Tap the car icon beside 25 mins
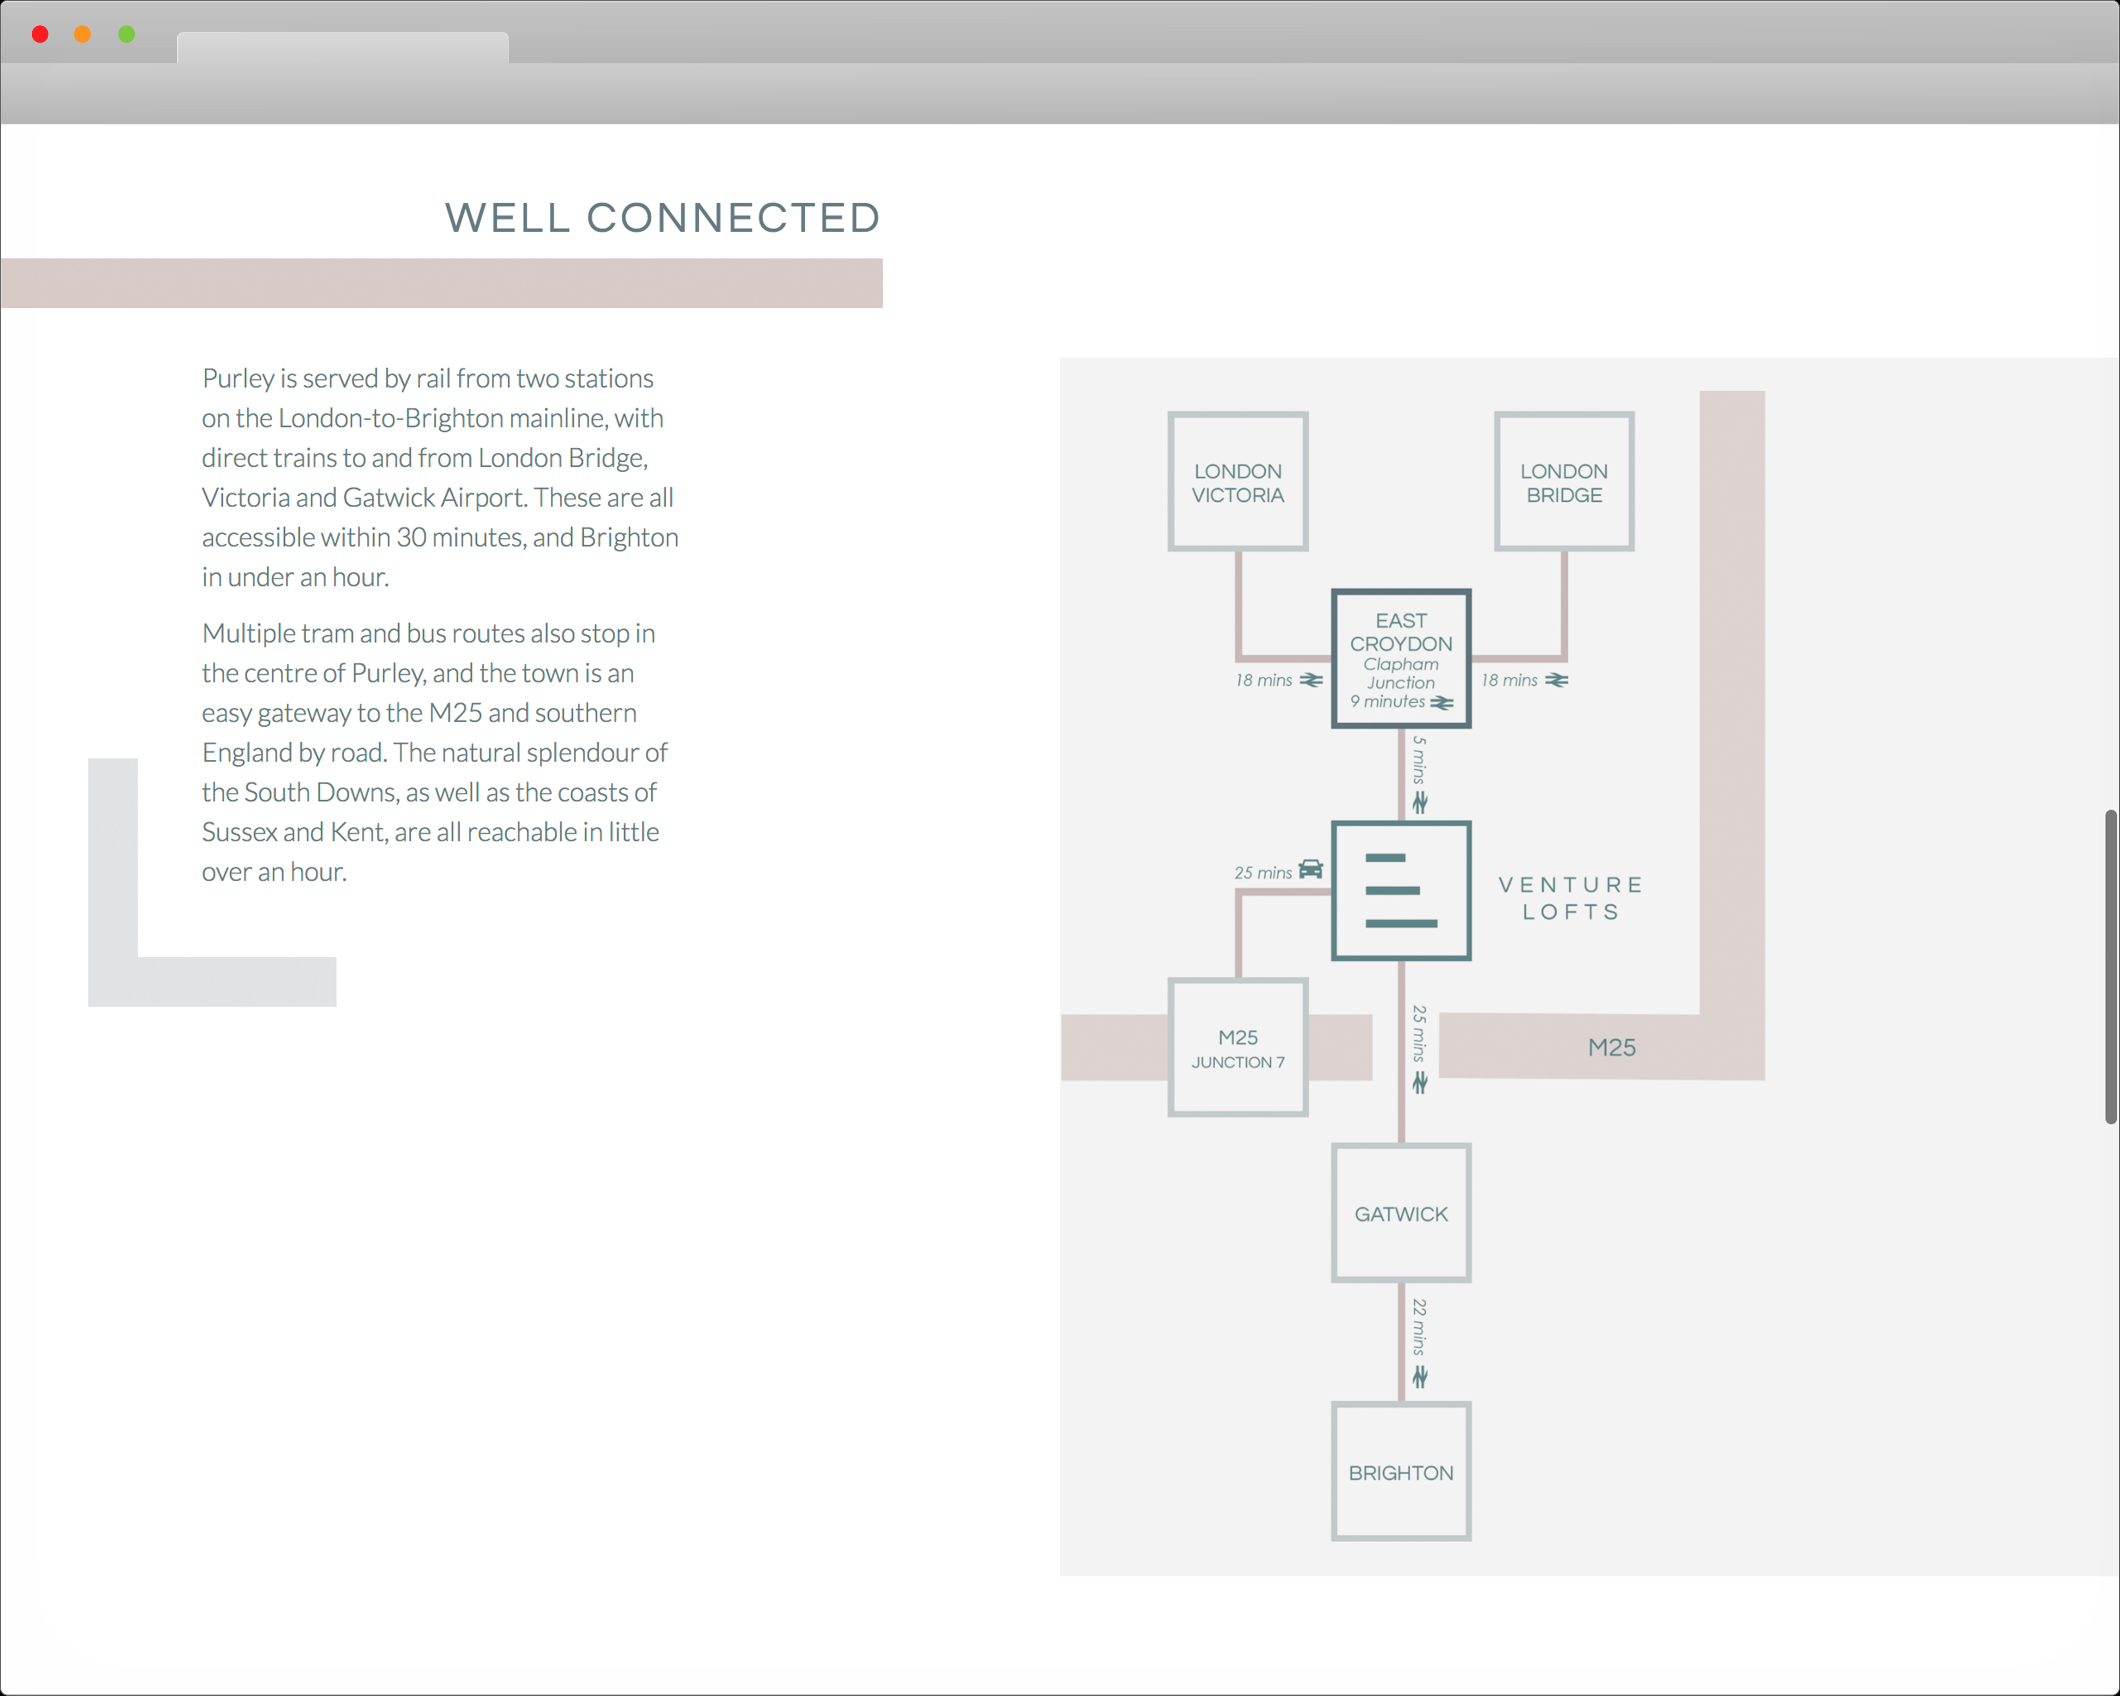(1311, 869)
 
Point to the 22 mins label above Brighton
(1419, 1327)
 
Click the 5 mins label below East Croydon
(1419, 760)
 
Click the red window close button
(40, 35)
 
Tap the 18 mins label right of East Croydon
(1509, 680)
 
